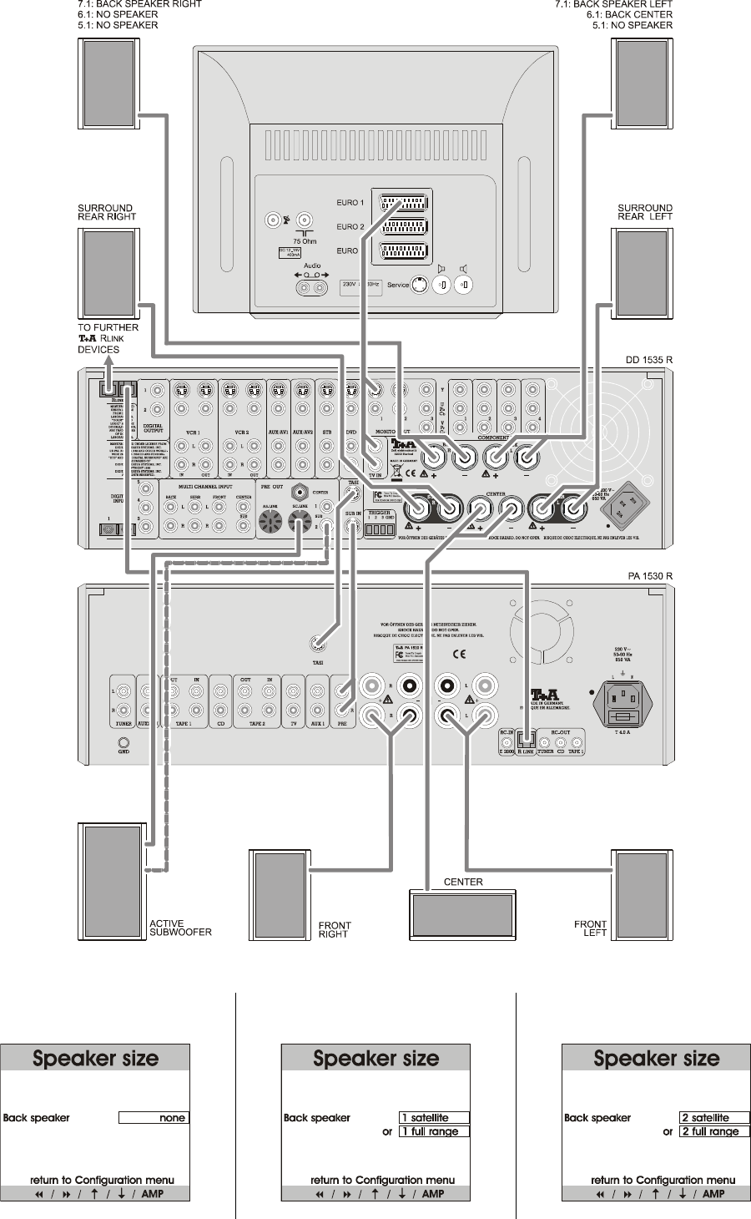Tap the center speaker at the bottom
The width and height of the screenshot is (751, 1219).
tap(462, 915)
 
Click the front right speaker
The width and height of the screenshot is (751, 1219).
tap(280, 894)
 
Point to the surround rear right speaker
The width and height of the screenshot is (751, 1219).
tap(109, 269)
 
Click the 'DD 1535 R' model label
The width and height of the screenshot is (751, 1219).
tap(649, 361)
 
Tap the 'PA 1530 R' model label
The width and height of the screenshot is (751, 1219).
tap(650, 577)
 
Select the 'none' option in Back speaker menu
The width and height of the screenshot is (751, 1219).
tap(154, 1118)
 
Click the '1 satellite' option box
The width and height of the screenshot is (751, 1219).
tap(434, 1118)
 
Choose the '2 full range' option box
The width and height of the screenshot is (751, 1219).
tap(714, 1132)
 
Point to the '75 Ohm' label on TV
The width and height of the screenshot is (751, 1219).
tap(305, 241)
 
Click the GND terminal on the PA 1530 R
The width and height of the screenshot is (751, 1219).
tap(123, 742)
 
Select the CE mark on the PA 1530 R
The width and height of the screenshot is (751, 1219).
tap(459, 654)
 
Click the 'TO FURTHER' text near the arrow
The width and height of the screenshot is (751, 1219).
tap(108, 327)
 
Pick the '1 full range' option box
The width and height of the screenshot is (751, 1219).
tap(434, 1132)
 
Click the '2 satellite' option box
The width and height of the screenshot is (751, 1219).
tap(714, 1118)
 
